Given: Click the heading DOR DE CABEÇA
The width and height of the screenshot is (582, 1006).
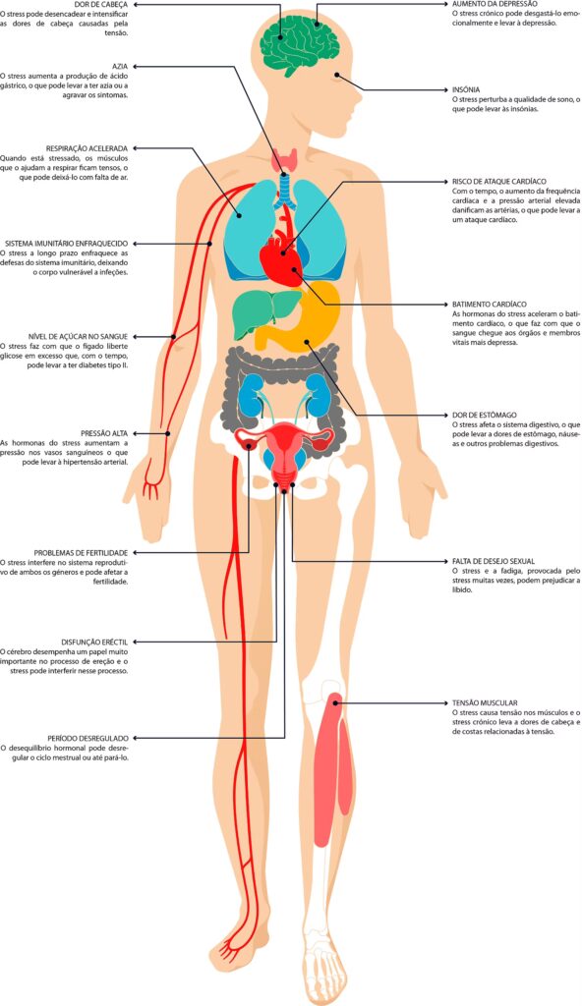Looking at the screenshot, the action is pyautogui.click(x=101, y=4).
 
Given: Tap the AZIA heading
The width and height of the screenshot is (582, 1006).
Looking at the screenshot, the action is pyautogui.click(x=120, y=66).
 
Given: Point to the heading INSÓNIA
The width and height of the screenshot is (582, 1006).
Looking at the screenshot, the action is pyautogui.click(x=466, y=89).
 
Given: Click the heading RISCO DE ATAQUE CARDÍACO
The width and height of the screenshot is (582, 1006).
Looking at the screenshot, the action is pyautogui.click(x=499, y=182).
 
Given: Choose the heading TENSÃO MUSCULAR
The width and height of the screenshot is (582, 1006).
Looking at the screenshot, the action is pyautogui.click(x=485, y=702).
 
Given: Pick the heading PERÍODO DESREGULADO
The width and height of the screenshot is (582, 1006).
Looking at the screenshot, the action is pyautogui.click(x=88, y=738).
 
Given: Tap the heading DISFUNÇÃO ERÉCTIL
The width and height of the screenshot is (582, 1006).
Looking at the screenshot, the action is pyautogui.click(x=94, y=642).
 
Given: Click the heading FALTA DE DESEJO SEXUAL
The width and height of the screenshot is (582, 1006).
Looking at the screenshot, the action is pyautogui.click(x=494, y=561).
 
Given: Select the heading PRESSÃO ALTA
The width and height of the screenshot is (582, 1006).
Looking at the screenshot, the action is pyautogui.click(x=105, y=433).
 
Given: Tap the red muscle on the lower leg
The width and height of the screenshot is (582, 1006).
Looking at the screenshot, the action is pyautogui.click(x=336, y=770).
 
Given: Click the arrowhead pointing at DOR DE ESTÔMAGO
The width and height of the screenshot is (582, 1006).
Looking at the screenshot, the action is pyautogui.click(x=449, y=415).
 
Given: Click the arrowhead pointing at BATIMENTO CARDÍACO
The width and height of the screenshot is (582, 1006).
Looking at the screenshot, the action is pyautogui.click(x=449, y=304).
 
